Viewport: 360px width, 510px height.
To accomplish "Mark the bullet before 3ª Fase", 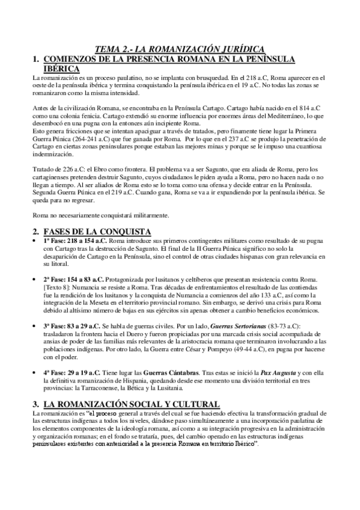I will [37, 326].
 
